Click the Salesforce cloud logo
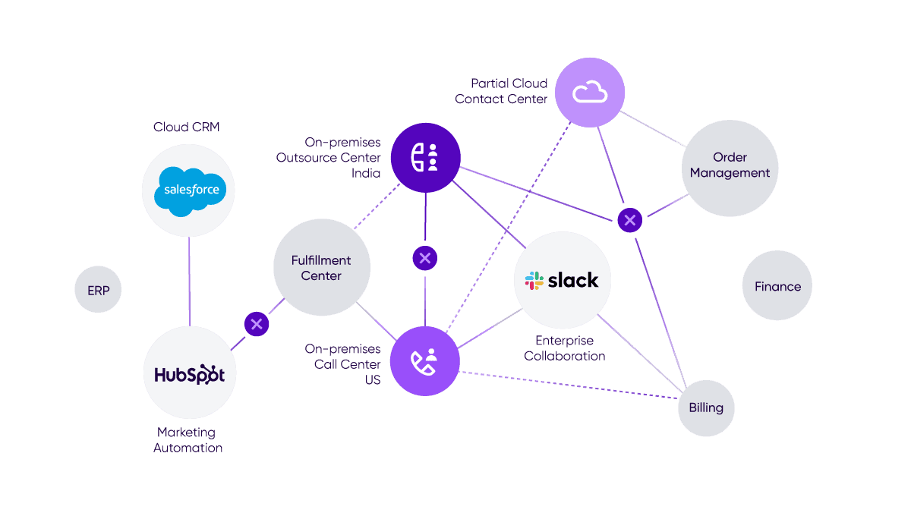click(188, 190)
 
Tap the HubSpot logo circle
click(189, 374)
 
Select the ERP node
click(98, 290)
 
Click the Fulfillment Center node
click(321, 267)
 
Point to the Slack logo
click(562, 280)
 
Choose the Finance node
click(777, 286)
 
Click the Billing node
click(705, 407)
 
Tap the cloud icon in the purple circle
click(590, 93)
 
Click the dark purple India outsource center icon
click(425, 157)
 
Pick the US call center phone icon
click(424, 361)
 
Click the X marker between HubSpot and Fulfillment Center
click(257, 324)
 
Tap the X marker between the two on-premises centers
click(424, 258)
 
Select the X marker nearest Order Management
click(629, 220)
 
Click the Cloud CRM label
click(186, 127)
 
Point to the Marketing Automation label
click(188, 440)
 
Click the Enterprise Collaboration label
click(564, 348)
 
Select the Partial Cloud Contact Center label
click(501, 91)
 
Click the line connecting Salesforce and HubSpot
click(188, 281)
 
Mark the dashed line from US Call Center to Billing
click(569, 385)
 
